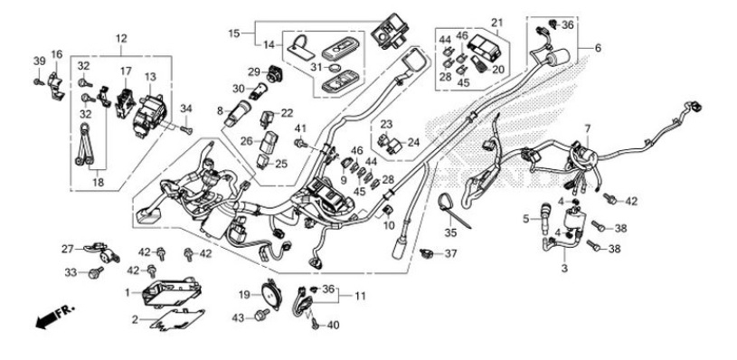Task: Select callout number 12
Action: (x=121, y=38)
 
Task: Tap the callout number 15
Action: (x=233, y=33)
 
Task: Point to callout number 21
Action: (x=496, y=23)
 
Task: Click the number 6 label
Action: (x=597, y=47)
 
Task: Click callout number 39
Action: (x=39, y=61)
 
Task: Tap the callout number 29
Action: (x=254, y=71)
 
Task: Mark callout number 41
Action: (x=300, y=128)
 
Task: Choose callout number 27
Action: (x=66, y=249)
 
